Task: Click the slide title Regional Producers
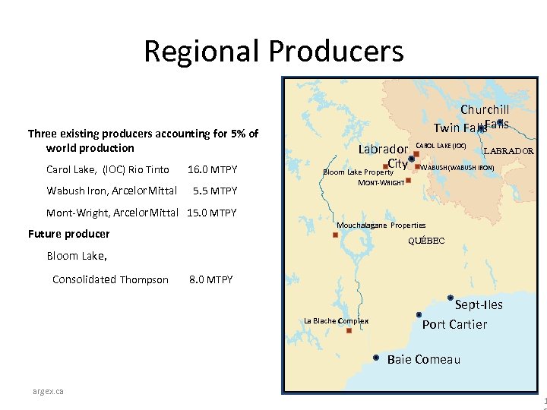coord(273,52)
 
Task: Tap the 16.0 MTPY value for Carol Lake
coord(212,169)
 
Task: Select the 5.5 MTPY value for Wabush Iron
coord(215,191)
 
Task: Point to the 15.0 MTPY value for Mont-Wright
coord(212,213)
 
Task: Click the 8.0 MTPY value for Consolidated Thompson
coord(210,279)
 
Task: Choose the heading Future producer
coord(68,234)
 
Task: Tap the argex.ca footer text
coord(48,391)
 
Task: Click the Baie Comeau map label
coord(423,359)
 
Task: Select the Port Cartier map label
coord(454,324)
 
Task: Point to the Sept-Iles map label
coord(479,304)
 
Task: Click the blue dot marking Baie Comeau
coord(376,357)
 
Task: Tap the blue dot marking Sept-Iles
coord(451,298)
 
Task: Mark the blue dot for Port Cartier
coord(419,314)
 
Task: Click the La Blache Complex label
coord(336,320)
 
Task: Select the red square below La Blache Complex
coord(348,331)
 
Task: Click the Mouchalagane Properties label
coord(381,225)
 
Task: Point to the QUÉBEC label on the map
coord(426,241)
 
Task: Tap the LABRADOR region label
coord(509,150)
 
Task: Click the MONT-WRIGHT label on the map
coord(381,183)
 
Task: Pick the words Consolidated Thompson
coord(110,279)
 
